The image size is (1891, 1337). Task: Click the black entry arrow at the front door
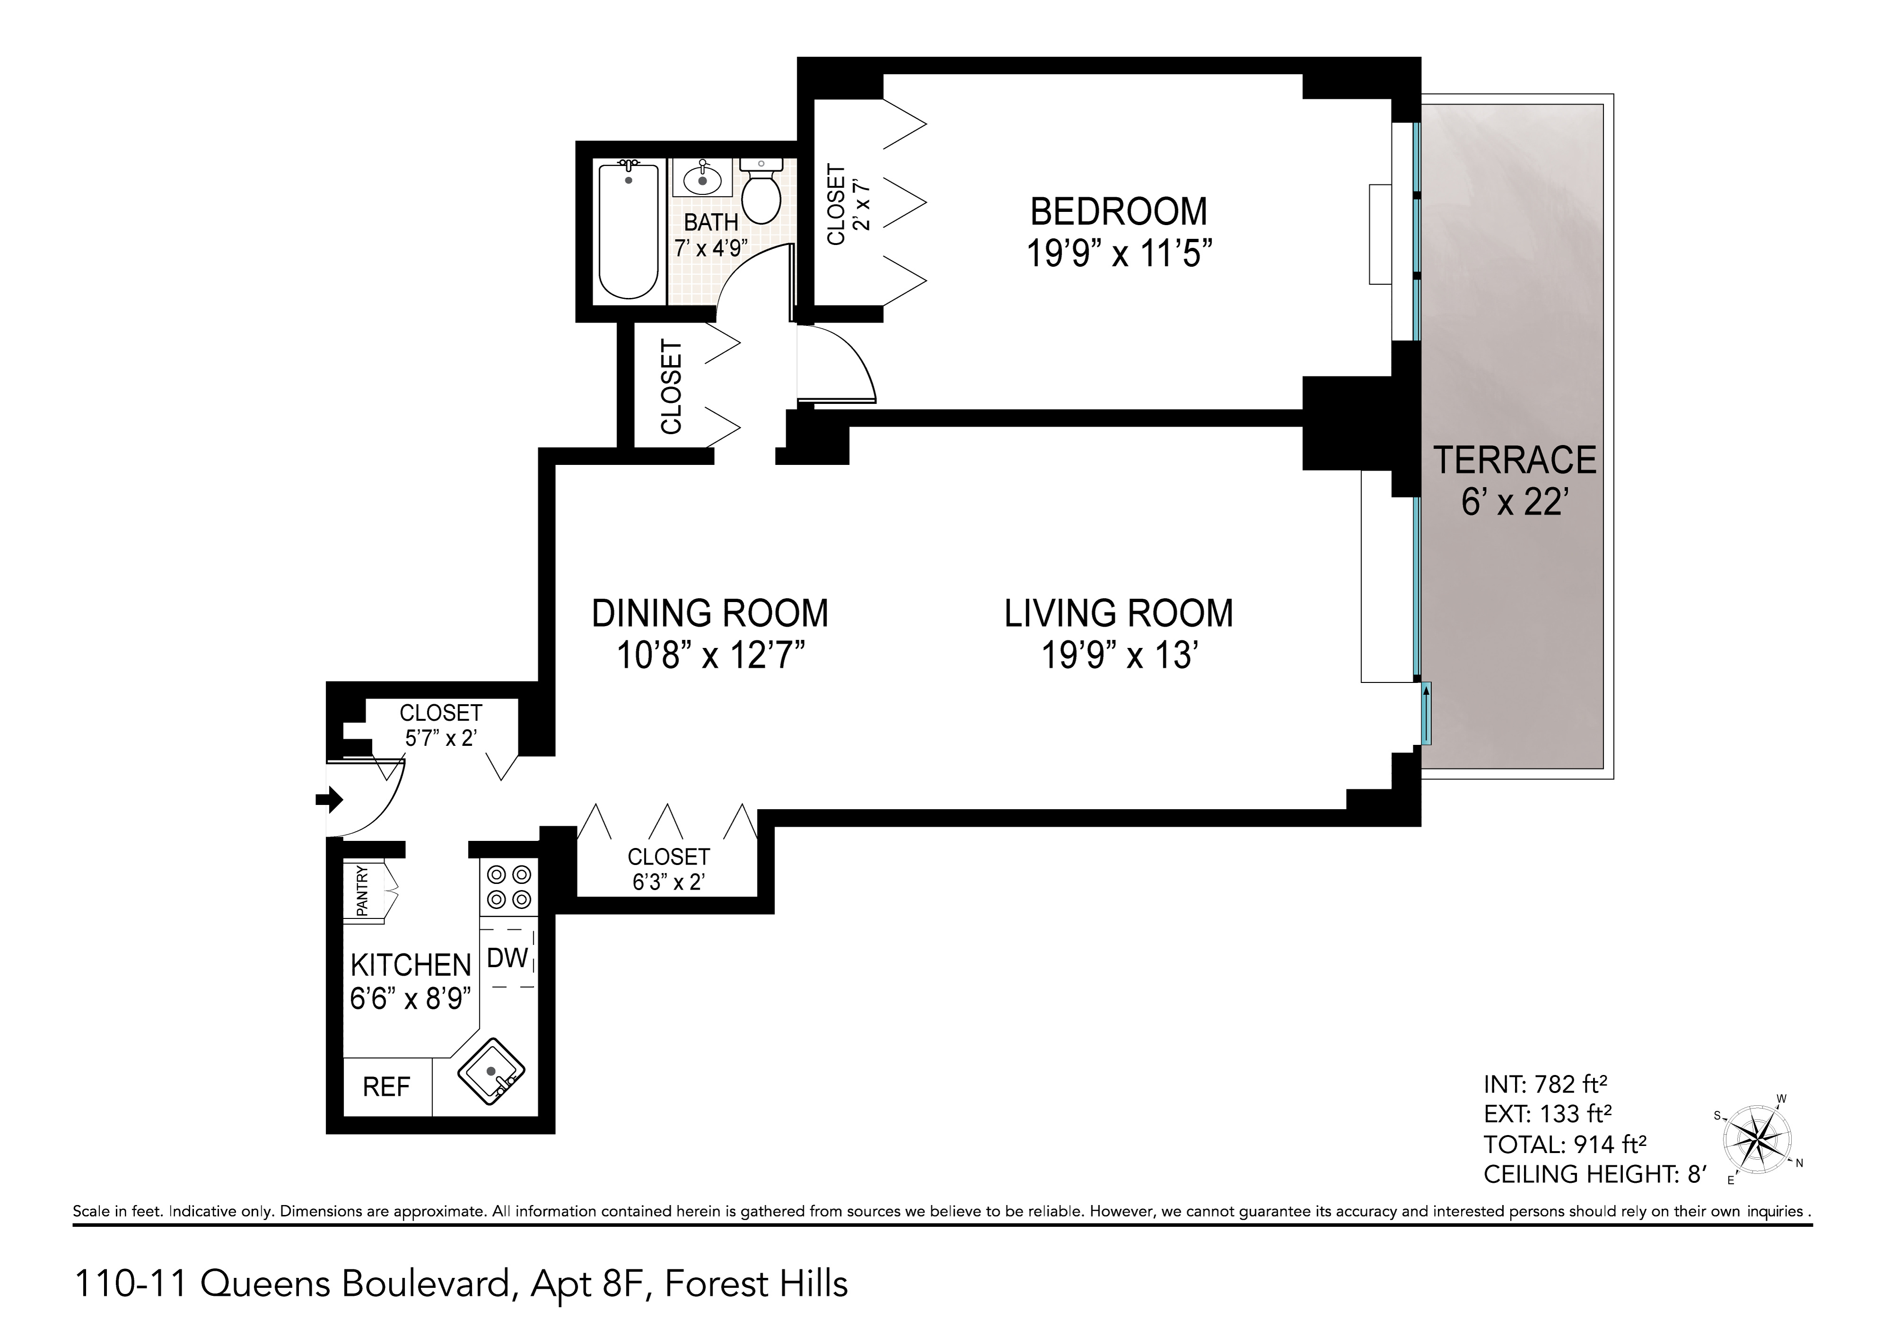click(330, 798)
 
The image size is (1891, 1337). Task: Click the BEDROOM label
click(1118, 212)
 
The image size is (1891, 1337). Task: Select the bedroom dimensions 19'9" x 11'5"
click(1118, 253)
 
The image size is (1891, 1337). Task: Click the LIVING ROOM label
click(1118, 614)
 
